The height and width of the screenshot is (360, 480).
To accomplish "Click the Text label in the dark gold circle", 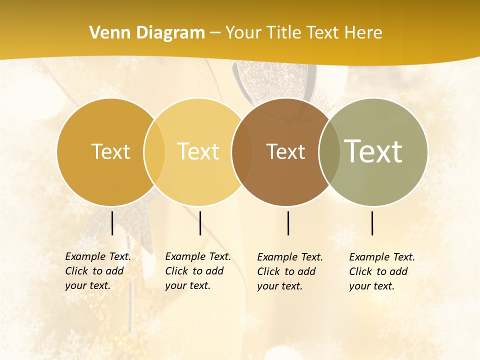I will pyautogui.click(x=110, y=151).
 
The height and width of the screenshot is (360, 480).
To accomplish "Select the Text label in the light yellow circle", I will pyautogui.click(x=198, y=151).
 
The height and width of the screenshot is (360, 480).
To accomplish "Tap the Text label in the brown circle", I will pyautogui.click(x=285, y=151).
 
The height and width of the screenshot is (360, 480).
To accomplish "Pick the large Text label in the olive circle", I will pyautogui.click(x=373, y=151).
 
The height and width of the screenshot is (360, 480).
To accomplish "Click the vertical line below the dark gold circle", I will pyautogui.click(x=112, y=223).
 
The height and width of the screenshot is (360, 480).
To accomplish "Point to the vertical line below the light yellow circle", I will pyautogui.click(x=200, y=223).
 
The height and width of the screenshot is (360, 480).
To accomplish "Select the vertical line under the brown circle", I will pyautogui.click(x=288, y=223).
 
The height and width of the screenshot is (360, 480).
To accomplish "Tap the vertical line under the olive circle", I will pyautogui.click(x=372, y=223).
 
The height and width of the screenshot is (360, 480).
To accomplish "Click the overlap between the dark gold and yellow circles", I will pyautogui.click(x=154, y=152).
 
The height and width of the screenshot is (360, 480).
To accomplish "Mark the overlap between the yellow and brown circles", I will pyautogui.click(x=242, y=152).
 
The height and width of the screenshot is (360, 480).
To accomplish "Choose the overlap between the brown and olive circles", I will pyautogui.click(x=329, y=152).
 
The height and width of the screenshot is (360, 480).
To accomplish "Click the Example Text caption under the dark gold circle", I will pyautogui.click(x=98, y=271).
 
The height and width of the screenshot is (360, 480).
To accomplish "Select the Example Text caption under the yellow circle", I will pyautogui.click(x=198, y=271).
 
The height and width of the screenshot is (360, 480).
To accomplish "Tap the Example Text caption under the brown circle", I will pyautogui.click(x=290, y=271).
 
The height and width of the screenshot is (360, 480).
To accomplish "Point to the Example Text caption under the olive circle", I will pyautogui.click(x=382, y=271).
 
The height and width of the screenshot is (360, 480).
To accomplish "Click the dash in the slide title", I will pyautogui.click(x=214, y=33).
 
